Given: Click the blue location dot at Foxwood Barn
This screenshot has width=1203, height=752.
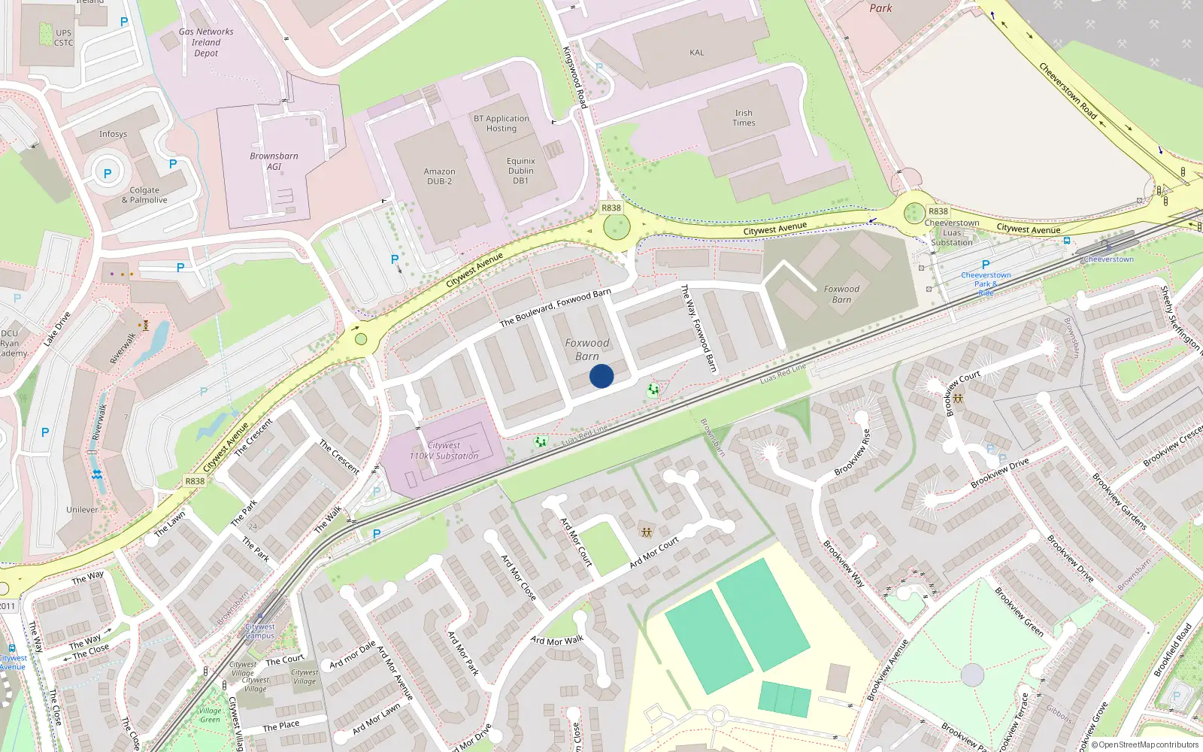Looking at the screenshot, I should (x=601, y=376).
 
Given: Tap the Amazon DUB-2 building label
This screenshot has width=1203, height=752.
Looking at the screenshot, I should (x=440, y=177).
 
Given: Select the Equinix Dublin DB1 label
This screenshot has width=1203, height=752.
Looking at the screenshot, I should (x=521, y=171).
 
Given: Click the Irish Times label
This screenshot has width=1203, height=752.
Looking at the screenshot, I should (x=744, y=118).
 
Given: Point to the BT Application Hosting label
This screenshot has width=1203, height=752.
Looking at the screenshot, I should (x=502, y=123).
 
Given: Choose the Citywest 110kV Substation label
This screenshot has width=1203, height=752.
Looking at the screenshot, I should (x=444, y=450).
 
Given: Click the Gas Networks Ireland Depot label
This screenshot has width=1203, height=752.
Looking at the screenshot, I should (x=206, y=43).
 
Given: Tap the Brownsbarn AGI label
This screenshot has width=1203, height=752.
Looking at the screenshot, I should (x=274, y=161).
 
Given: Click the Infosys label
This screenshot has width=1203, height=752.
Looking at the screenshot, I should (x=113, y=135).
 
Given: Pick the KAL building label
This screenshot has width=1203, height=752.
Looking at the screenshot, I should (x=697, y=53).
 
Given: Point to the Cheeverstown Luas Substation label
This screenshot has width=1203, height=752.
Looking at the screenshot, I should (x=952, y=232).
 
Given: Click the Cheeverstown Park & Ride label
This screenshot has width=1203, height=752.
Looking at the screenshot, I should (x=986, y=284).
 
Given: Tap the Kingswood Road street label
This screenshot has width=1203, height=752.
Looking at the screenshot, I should (x=574, y=77).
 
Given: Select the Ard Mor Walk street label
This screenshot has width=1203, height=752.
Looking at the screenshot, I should (x=557, y=641).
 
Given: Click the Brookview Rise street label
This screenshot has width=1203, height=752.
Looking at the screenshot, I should (x=852, y=453).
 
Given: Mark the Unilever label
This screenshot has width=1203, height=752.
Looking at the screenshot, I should (x=82, y=510).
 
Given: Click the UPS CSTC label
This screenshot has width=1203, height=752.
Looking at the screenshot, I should (x=64, y=38).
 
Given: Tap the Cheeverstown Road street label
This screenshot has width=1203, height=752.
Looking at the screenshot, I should (x=1068, y=91).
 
